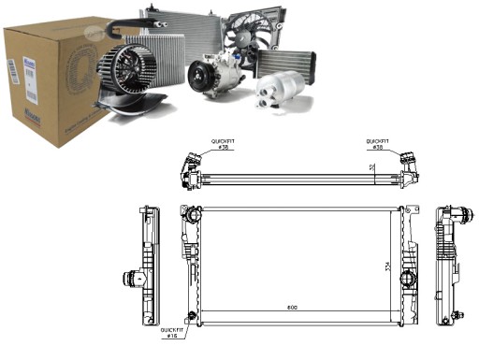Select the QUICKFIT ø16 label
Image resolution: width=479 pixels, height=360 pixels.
pos(172,332)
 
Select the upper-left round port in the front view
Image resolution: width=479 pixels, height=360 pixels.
pos(192,216)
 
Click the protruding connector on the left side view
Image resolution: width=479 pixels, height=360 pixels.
pos(128,278)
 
